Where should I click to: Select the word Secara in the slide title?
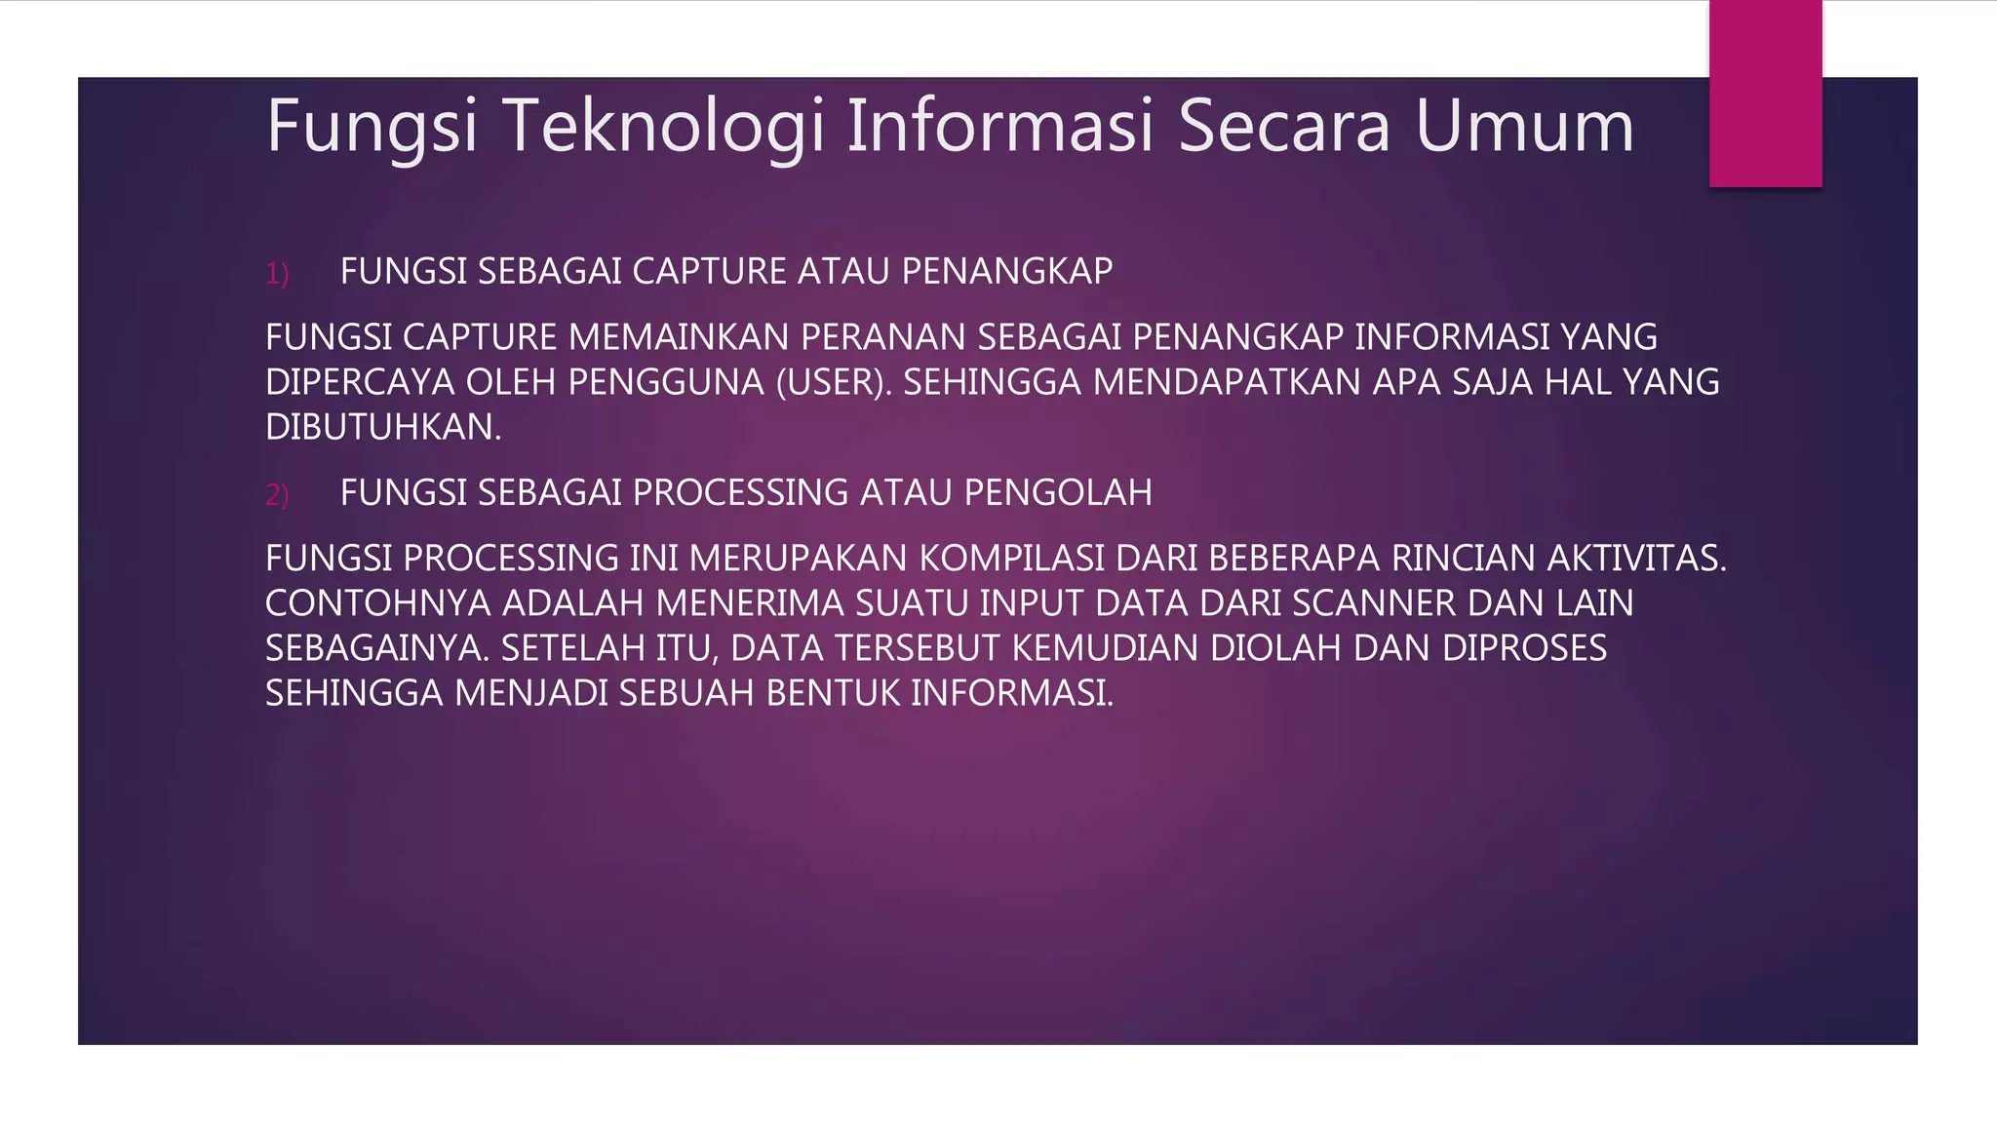(1284, 127)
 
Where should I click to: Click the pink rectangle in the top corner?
(1765, 94)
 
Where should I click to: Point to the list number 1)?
(277, 273)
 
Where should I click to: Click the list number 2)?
(277, 494)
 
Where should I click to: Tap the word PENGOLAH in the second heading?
(1058, 492)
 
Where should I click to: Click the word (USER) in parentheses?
(834, 382)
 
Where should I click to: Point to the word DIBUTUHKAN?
(382, 427)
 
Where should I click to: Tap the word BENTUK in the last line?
(834, 693)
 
